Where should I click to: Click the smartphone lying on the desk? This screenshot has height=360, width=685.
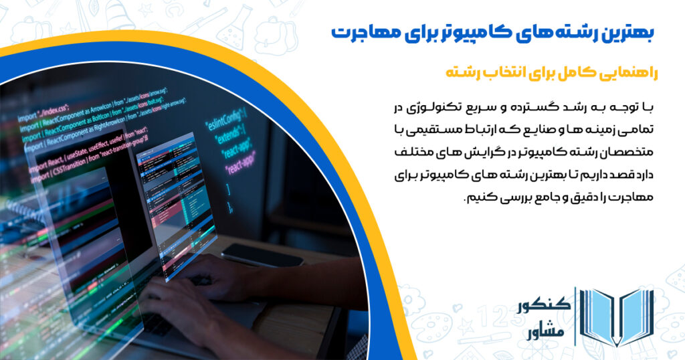(260, 255)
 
